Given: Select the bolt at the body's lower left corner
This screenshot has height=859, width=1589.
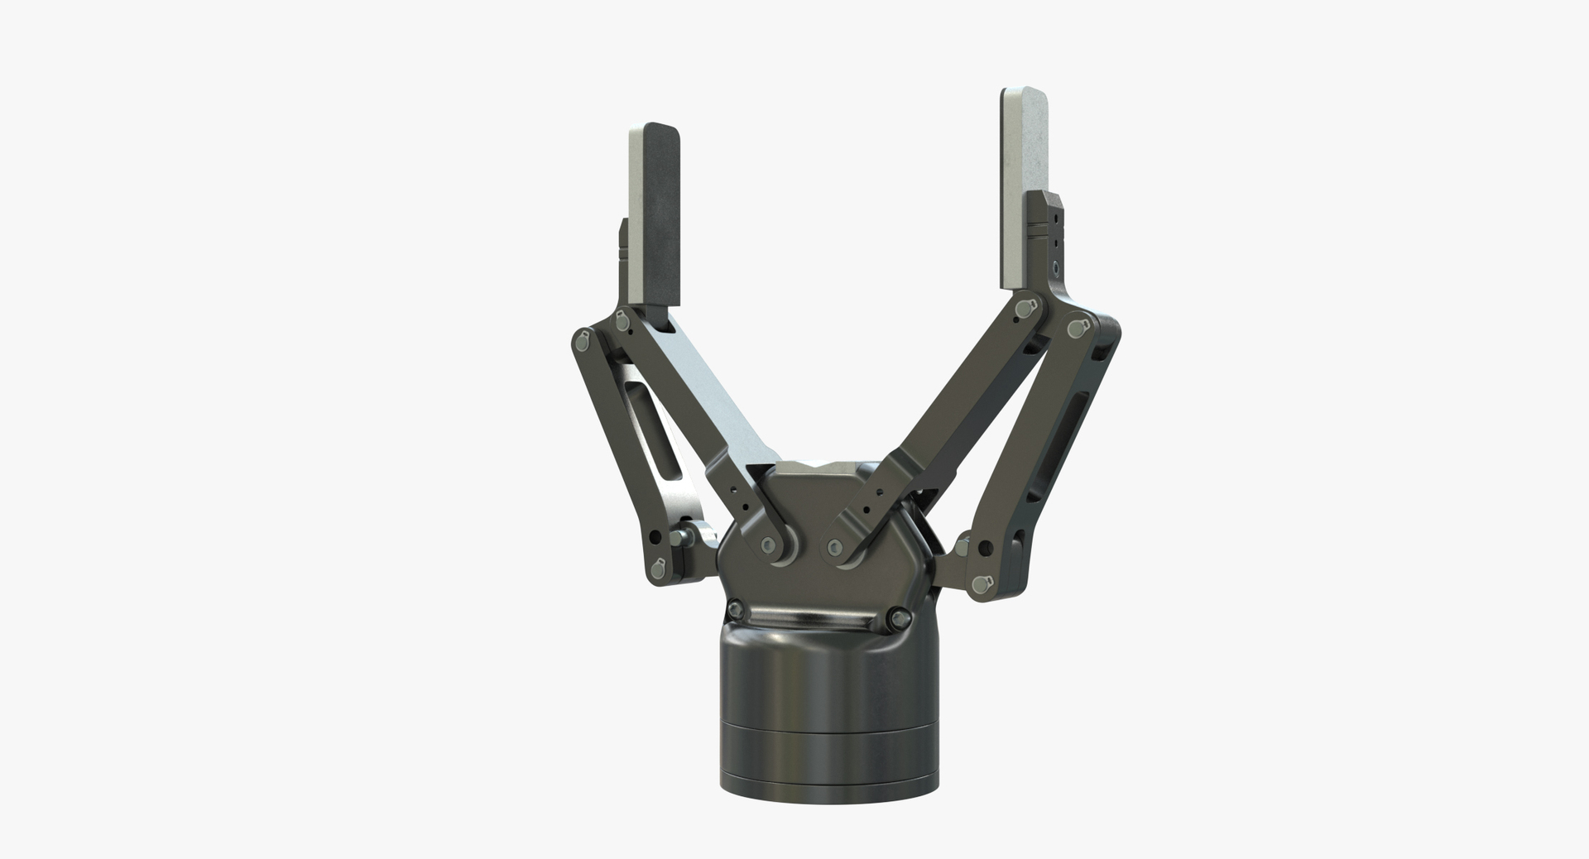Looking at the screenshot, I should pyautogui.click(x=734, y=611).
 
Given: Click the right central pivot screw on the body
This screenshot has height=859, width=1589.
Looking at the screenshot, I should pyautogui.click(x=836, y=546).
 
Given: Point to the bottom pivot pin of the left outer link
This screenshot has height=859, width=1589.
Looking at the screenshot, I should pyautogui.click(x=659, y=568).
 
